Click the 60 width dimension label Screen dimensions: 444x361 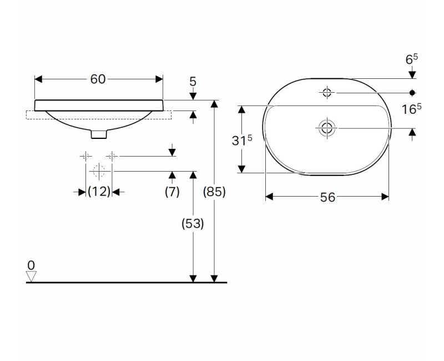pos(98,79)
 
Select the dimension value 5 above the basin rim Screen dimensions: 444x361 pos(193,82)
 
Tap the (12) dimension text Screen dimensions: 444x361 pos(99,192)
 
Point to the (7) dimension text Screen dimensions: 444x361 pos(172,192)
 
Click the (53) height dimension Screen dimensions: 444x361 pos(193,224)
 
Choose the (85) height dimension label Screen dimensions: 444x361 pos(214,192)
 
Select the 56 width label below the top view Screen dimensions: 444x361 pos(327,197)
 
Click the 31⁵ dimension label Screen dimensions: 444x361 pos(242,140)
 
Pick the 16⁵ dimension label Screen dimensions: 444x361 pos(412,109)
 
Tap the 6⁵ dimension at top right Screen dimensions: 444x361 pos(412,59)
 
